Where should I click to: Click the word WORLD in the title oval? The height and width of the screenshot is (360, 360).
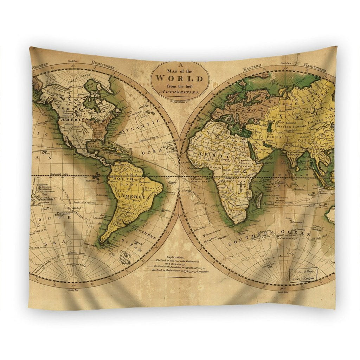[x=179, y=78]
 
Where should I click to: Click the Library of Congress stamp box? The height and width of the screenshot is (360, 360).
[x=303, y=275]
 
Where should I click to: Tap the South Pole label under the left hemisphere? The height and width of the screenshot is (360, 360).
[x=74, y=290]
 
